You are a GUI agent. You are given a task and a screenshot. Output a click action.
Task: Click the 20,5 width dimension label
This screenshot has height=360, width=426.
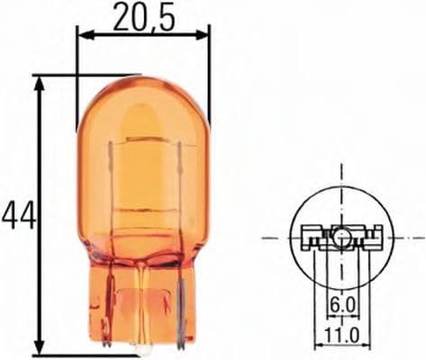coord(143,16)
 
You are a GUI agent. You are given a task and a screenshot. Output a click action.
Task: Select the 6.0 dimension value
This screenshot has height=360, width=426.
coord(340,304)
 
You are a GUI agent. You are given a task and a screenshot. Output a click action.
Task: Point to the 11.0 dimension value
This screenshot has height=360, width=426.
coord(339,335)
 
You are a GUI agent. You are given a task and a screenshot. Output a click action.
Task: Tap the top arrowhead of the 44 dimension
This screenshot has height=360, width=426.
coord(39,81)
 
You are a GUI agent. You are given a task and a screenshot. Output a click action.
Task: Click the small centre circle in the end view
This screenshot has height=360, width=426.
coord(340,238)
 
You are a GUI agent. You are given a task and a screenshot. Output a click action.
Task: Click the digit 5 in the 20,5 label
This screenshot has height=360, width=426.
coord(165,16)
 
